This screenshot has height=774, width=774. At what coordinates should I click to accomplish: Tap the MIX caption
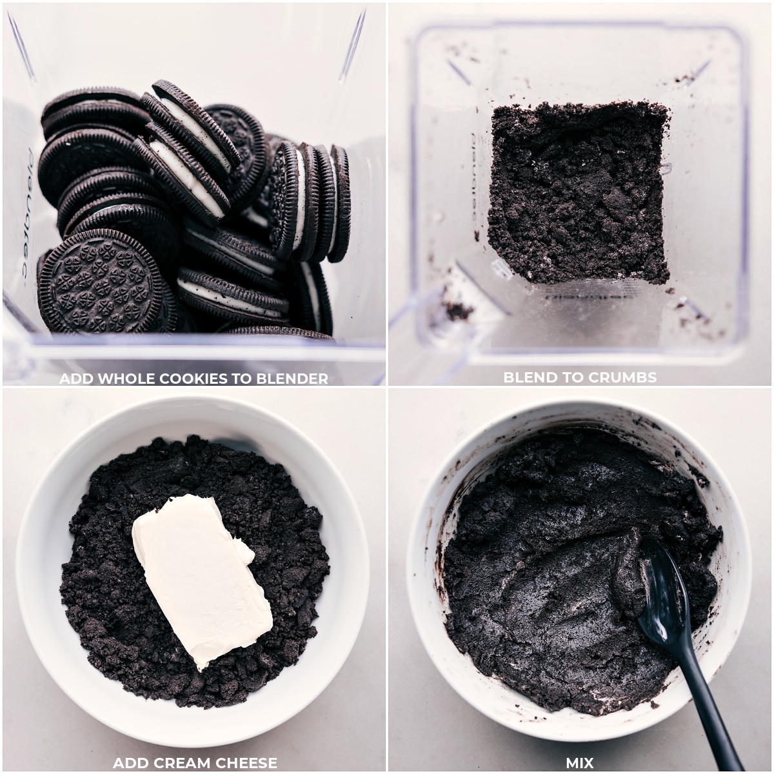579,763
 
